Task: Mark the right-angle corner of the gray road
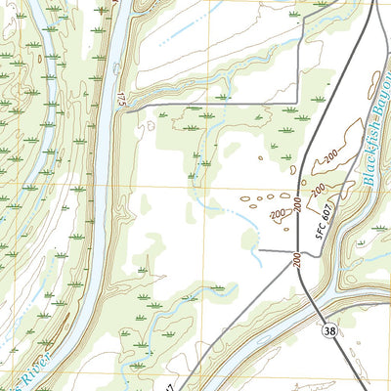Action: [295, 103]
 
